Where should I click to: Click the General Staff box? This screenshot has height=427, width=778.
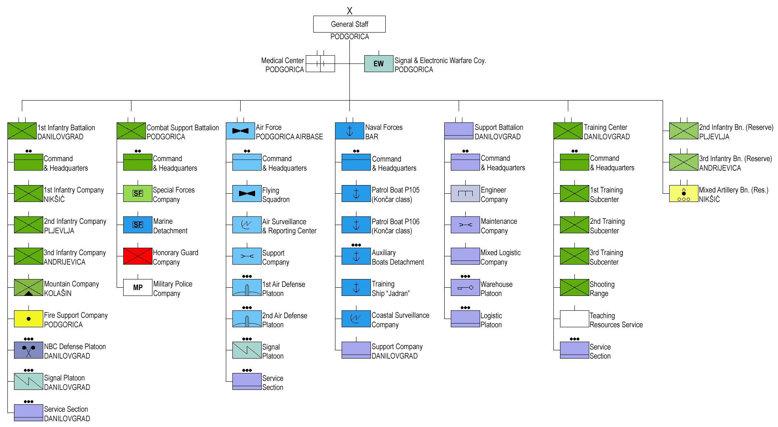[349, 24]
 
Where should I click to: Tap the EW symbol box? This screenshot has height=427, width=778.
[378, 64]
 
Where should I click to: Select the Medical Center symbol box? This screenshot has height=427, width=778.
[320, 64]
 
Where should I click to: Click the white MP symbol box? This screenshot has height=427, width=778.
[138, 288]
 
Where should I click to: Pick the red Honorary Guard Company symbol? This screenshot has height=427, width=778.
[138, 256]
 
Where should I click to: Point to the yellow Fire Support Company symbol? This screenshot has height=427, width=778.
[28, 319]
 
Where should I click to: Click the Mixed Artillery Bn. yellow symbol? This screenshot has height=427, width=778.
[683, 194]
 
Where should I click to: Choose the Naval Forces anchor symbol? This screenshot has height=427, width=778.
[349, 131]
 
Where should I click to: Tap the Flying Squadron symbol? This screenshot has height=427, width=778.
[247, 194]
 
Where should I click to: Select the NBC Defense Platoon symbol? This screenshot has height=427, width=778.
[28, 350]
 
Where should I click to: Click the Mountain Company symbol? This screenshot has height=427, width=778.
[28, 288]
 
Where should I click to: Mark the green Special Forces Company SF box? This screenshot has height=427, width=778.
[138, 194]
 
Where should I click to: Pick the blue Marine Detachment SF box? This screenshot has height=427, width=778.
[138, 225]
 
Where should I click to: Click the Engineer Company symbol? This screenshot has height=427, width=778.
[465, 194]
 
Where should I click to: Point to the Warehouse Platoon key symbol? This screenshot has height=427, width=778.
[465, 288]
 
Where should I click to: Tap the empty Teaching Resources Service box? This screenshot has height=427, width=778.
[574, 319]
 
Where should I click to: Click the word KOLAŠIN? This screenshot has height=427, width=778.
[58, 293]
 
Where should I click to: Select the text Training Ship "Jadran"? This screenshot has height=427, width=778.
[390, 289]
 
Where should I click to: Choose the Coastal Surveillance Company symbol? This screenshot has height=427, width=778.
[356, 319]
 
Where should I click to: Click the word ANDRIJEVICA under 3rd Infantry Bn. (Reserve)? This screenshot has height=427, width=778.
[720, 168]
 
